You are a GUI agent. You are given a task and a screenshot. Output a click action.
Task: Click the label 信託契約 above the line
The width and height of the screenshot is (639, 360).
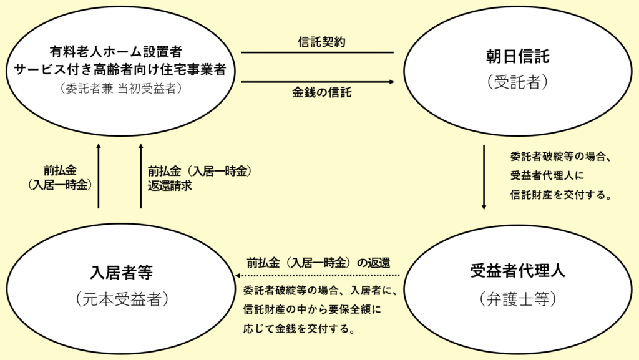[321, 42]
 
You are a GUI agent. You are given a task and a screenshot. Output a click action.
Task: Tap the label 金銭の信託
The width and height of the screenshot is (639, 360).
[321, 92]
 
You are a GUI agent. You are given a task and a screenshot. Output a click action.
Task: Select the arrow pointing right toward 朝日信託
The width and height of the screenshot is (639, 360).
[318, 82]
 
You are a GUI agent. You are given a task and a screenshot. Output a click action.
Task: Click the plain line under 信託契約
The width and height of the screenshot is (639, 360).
[318, 52]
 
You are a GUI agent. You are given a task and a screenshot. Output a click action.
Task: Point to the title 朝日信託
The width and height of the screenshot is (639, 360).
[517, 56]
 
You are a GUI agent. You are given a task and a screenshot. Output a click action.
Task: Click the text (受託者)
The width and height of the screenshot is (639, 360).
[517, 82]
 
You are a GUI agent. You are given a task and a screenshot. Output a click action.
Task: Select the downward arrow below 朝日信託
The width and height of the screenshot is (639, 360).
[484, 177]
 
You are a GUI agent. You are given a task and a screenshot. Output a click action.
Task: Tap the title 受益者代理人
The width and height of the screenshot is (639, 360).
[517, 271]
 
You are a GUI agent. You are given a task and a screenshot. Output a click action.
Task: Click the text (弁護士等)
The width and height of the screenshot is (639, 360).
[517, 299]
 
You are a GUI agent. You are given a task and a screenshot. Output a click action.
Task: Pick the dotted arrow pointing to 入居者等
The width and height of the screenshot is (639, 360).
[318, 276]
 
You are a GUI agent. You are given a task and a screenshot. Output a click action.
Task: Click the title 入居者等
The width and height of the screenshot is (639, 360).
[122, 272]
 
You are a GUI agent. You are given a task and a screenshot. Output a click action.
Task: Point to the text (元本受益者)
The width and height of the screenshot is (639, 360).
[122, 299]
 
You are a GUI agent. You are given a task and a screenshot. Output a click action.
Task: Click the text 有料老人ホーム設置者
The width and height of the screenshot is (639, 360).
[115, 52]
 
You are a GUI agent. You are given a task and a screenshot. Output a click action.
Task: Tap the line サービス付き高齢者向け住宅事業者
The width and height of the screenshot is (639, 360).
[119, 70]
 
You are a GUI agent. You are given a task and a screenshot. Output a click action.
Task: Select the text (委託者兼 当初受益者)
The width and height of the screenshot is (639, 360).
[120, 89]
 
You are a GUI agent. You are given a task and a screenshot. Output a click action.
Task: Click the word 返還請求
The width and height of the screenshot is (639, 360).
[170, 186]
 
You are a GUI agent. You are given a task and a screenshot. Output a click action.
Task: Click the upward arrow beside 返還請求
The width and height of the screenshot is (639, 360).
[141, 175]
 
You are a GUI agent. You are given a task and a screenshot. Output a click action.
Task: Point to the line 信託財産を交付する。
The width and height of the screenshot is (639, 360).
[561, 195]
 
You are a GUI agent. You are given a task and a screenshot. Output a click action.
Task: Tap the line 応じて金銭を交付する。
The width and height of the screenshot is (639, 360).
[299, 329]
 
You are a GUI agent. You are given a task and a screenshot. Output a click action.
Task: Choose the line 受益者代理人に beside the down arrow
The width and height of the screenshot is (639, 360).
[547, 175]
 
